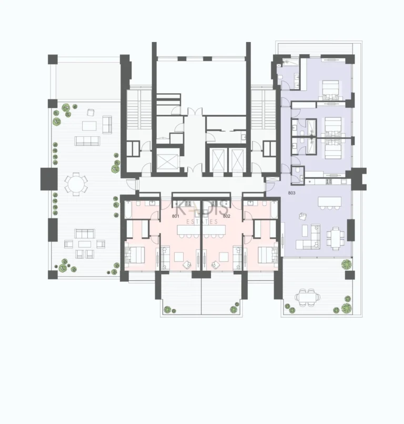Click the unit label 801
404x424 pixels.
tap(176, 216)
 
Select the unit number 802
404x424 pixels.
tap(227, 216)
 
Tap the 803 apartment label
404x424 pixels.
tap(292, 194)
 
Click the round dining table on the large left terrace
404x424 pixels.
tap(76, 184)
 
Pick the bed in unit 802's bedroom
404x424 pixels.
tap(268, 256)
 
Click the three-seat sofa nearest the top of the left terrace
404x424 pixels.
tap(87, 141)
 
